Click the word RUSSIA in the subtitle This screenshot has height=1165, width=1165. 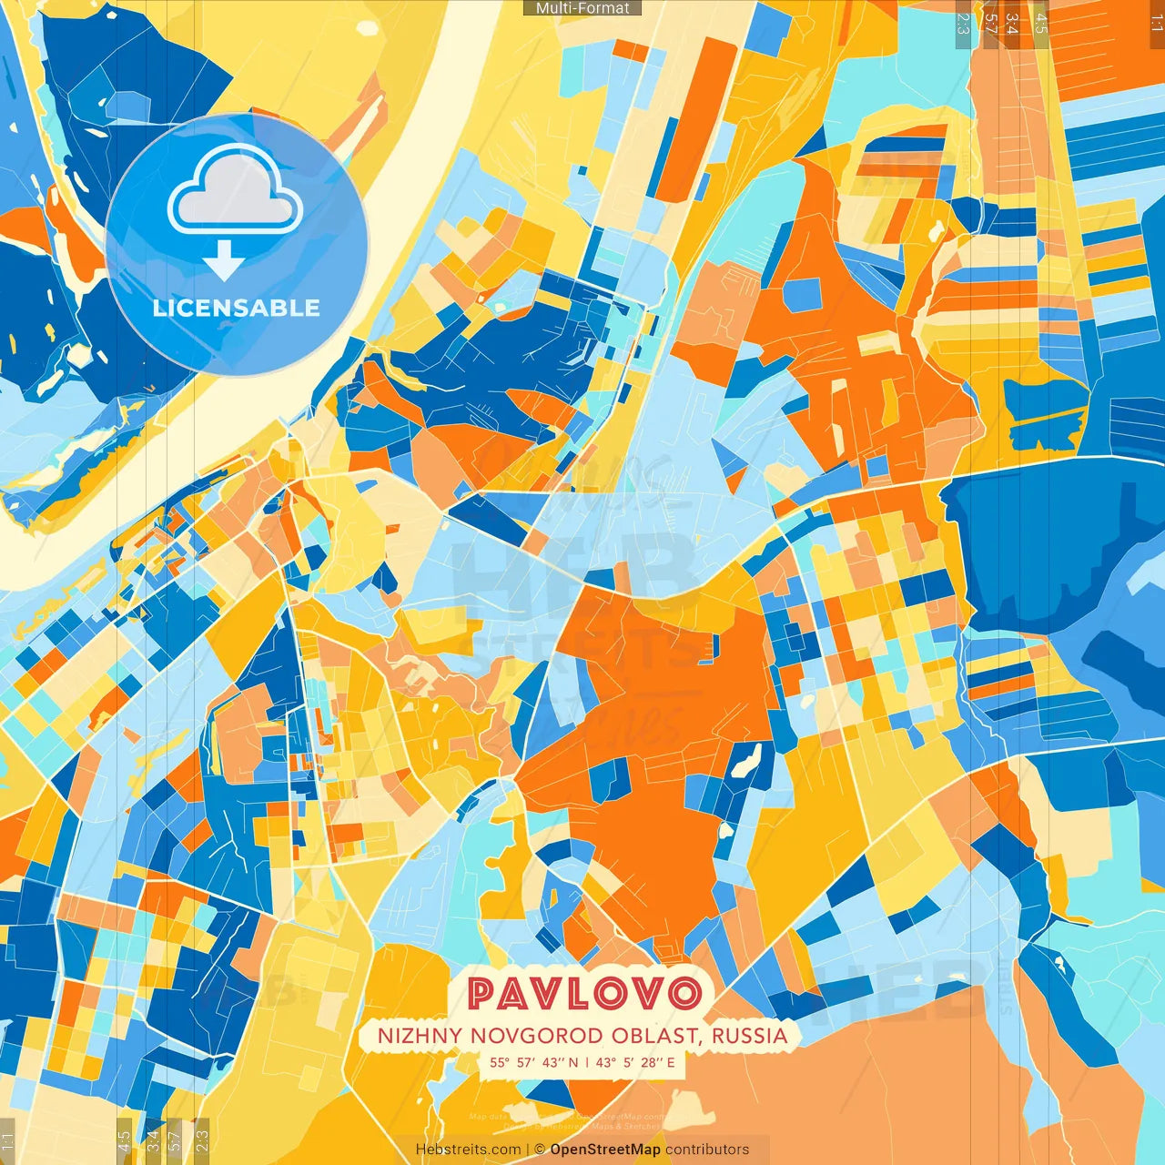pyautogui.click(x=750, y=1036)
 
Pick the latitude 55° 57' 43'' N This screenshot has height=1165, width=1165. pyautogui.click(x=533, y=1061)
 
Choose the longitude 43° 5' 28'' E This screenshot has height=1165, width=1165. pyautogui.click(x=635, y=1061)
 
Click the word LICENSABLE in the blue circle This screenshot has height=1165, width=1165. pyautogui.click(x=237, y=308)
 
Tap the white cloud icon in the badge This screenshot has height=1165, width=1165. pyautogui.click(x=236, y=189)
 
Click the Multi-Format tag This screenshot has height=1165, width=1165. pyautogui.click(x=582, y=8)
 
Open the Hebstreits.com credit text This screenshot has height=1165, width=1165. pyautogui.click(x=468, y=1150)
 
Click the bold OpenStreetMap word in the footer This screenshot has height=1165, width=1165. pyautogui.click(x=605, y=1150)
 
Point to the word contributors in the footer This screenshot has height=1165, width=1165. pyautogui.click(x=707, y=1150)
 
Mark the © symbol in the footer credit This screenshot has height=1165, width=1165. pyautogui.click(x=539, y=1150)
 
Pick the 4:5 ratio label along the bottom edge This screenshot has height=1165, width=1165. pyautogui.click(x=124, y=1140)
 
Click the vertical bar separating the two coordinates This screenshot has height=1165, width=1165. pyautogui.click(x=586, y=1061)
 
